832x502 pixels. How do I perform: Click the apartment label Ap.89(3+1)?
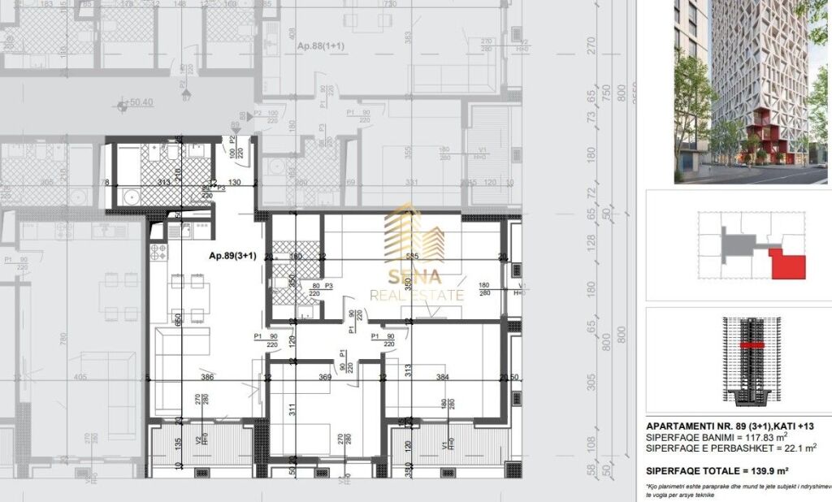[232, 255]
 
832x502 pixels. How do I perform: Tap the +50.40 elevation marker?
[138, 104]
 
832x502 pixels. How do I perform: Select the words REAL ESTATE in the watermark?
[416, 296]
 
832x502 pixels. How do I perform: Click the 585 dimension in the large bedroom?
[412, 257]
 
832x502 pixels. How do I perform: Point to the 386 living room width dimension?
[206, 377]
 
